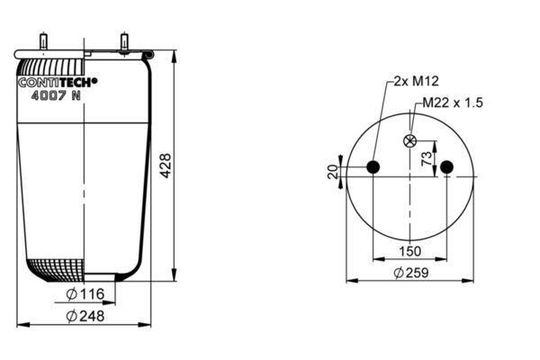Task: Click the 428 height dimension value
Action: click(x=166, y=166)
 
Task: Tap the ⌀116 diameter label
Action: click(x=85, y=294)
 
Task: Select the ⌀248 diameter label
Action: click(x=85, y=316)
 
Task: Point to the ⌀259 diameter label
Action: click(x=411, y=273)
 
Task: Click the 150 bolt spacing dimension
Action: click(x=409, y=251)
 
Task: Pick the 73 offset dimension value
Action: click(x=427, y=158)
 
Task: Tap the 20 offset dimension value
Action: click(x=333, y=172)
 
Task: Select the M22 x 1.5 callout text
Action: click(x=453, y=103)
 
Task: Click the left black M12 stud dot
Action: click(x=373, y=167)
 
